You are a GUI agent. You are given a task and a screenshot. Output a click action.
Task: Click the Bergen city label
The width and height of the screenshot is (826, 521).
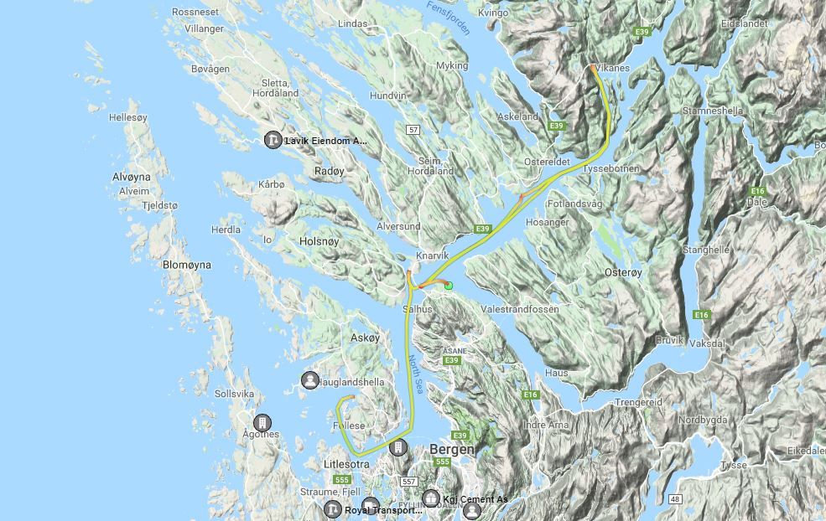click(452, 449)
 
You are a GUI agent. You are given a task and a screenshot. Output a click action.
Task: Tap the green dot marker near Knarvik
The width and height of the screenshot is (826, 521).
click(449, 286)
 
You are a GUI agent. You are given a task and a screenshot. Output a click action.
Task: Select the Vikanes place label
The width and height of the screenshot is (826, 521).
click(611, 68)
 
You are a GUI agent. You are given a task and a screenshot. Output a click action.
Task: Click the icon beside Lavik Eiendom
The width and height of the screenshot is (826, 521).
click(273, 140)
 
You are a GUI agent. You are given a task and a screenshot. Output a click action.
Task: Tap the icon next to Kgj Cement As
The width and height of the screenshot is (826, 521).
click(431, 499)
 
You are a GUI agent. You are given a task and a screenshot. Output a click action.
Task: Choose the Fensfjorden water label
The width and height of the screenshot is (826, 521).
click(449, 17)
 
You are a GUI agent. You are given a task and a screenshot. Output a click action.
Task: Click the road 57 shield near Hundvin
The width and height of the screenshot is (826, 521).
click(413, 130)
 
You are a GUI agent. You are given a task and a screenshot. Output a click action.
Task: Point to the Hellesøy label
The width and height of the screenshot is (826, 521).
click(128, 118)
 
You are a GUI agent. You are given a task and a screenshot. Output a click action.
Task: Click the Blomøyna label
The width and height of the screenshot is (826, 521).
click(186, 265)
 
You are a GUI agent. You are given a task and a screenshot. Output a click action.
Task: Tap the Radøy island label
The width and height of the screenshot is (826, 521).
click(328, 170)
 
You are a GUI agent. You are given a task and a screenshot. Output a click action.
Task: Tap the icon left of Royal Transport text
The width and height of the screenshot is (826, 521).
click(333, 509)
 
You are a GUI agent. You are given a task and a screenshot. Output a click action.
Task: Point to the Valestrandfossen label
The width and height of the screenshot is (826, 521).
click(520, 309)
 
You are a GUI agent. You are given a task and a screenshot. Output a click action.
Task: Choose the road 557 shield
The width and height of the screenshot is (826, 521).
click(408, 482)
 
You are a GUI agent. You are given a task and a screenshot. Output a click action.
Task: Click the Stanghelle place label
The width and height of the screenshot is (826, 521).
click(705, 250)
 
